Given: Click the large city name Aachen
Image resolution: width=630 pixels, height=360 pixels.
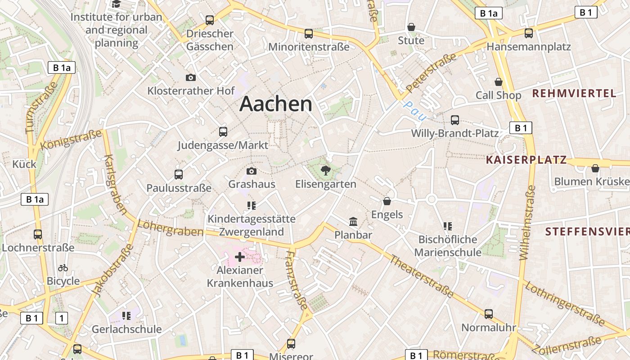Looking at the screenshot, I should [276, 104].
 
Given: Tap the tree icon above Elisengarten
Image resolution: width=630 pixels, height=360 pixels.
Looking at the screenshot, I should [325, 171].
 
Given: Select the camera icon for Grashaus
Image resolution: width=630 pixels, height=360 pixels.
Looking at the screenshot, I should [252, 171].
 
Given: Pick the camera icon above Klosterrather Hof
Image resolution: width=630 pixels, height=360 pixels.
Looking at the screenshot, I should [191, 77].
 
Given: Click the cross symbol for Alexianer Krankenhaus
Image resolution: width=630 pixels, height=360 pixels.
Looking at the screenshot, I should [240, 257].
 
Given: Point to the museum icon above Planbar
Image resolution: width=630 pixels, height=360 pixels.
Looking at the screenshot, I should [353, 222].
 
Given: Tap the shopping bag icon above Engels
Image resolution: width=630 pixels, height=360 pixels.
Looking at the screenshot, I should [387, 201].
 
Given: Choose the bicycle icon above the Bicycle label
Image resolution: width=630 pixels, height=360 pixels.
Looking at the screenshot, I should [63, 268].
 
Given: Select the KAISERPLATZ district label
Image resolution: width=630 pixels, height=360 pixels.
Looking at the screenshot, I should [526, 160].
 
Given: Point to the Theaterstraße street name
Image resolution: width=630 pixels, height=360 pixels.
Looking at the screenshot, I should [422, 276].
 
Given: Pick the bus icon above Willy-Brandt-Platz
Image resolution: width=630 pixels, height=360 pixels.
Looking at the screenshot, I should [455, 120].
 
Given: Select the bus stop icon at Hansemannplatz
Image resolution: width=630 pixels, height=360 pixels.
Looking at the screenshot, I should [529, 33].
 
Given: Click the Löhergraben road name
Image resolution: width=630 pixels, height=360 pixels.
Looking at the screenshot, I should [171, 228].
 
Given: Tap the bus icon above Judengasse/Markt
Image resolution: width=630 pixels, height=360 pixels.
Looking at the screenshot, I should [223, 132].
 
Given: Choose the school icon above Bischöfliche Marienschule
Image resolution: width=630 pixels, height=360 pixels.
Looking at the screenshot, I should [447, 226].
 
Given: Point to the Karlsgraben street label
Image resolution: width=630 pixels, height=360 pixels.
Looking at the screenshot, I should [115, 184].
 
